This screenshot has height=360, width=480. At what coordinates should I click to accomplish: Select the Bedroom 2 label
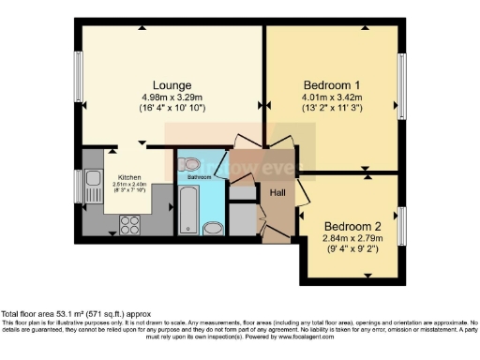[353, 226]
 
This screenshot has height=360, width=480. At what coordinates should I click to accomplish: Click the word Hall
[278, 192]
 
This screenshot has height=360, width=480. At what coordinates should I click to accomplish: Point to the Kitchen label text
[129, 176]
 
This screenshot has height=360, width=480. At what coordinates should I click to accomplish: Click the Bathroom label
[198, 176]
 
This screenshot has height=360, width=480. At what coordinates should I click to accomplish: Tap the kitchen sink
[93, 177]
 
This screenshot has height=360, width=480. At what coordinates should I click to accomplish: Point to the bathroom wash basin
[187, 164]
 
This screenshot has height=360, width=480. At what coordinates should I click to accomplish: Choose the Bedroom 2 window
[403, 225]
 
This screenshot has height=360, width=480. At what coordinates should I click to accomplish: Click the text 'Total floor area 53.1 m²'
[56, 313]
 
